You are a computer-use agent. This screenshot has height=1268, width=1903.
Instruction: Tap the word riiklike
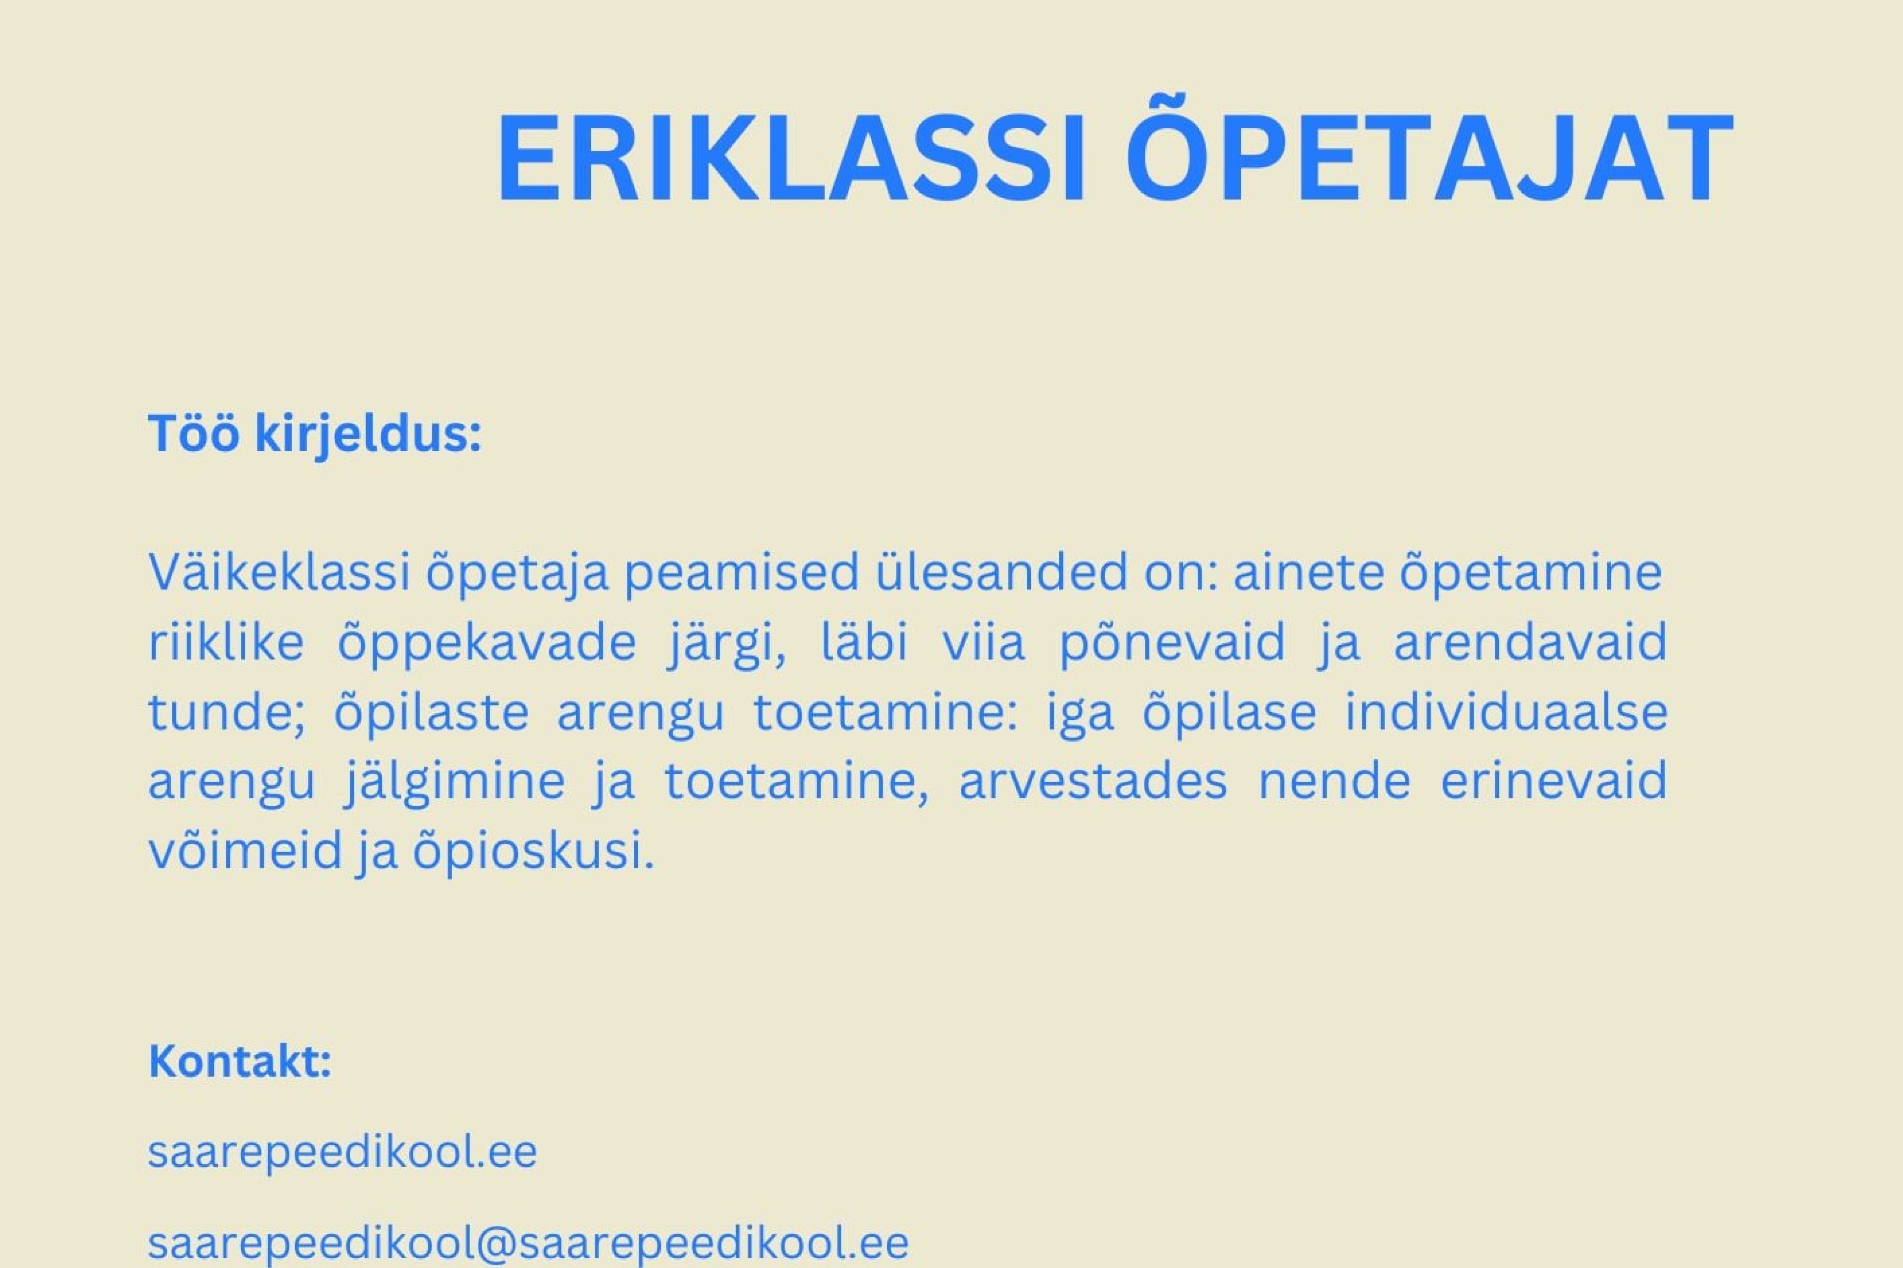[x=227, y=643]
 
